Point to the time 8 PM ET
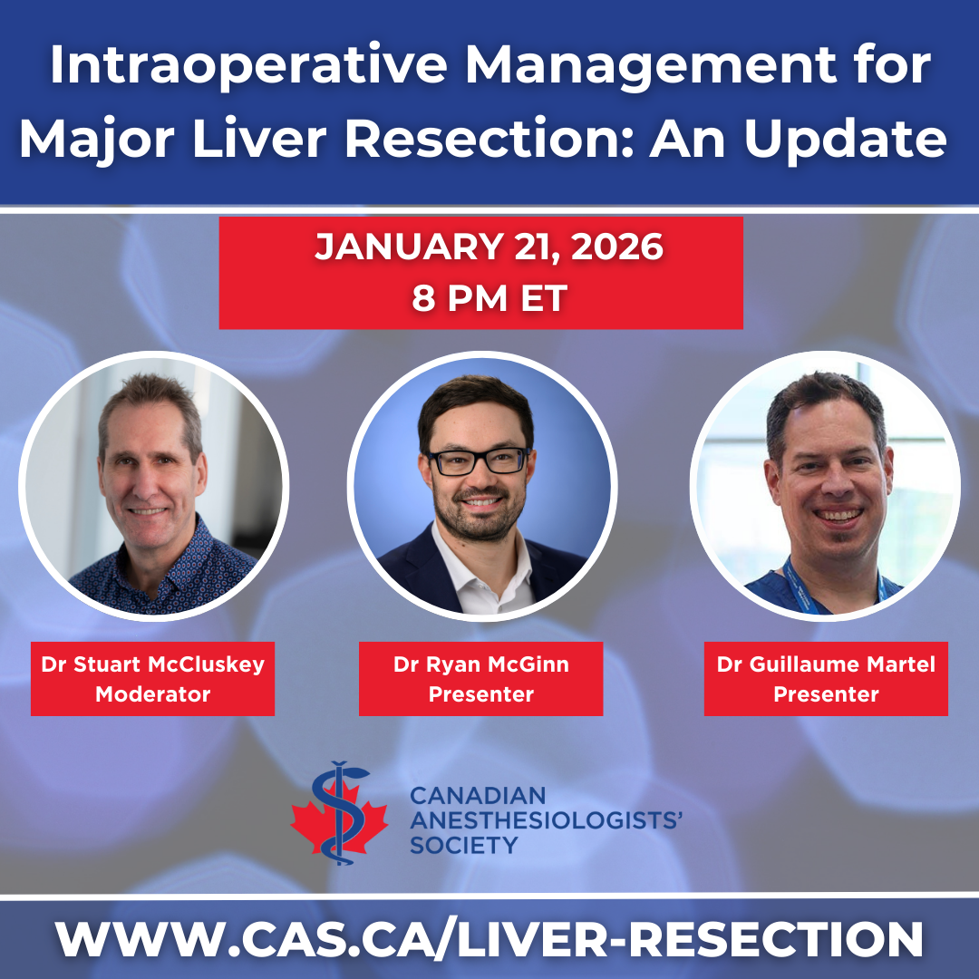[489, 298]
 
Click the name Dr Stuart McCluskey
[153, 664]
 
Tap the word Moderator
[153, 694]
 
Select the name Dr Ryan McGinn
[480, 664]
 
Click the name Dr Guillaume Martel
[826, 664]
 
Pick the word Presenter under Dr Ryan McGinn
[480, 694]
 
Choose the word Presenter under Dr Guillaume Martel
[826, 694]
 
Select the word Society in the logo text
[464, 846]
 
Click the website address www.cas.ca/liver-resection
[489, 939]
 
